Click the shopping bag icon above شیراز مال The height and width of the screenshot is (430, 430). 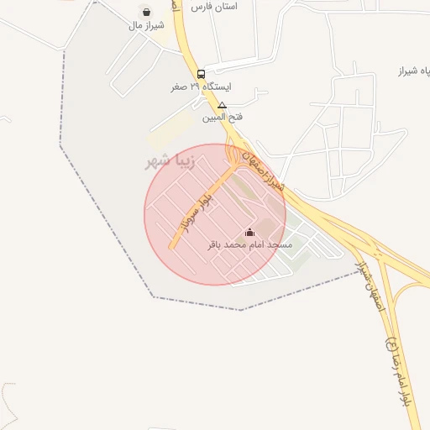[148, 13]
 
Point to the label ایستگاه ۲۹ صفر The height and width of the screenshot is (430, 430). [202, 87]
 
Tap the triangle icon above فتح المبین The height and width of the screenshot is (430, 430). [222, 106]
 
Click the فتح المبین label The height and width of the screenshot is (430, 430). [222, 118]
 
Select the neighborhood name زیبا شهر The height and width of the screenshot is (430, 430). [170, 161]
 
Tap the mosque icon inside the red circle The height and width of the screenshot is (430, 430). [249, 232]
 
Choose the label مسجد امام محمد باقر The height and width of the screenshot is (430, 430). [249, 245]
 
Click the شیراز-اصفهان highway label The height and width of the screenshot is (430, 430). [264, 172]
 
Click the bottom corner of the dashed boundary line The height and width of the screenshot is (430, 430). [241, 310]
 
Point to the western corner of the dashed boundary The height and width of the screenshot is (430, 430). [60, 144]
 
